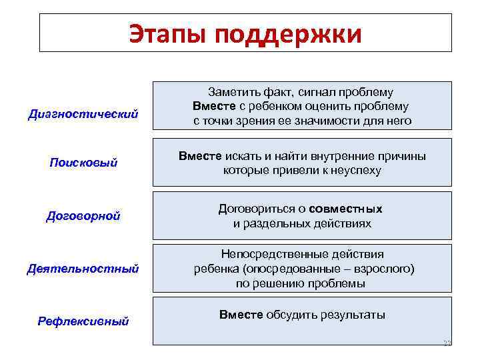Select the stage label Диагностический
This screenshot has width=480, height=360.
(83, 114)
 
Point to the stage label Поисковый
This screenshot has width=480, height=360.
(83, 163)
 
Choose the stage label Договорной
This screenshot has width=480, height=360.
(83, 216)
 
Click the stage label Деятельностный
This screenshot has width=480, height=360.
(83, 269)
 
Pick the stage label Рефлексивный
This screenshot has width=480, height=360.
(83, 321)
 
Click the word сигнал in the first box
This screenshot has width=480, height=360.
(315, 92)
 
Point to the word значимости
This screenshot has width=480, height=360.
(326, 121)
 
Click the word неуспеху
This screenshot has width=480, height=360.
(357, 170)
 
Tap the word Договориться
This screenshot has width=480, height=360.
(255, 209)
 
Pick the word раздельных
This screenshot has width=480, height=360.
(272, 223)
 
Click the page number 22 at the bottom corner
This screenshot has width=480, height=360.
(447, 343)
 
